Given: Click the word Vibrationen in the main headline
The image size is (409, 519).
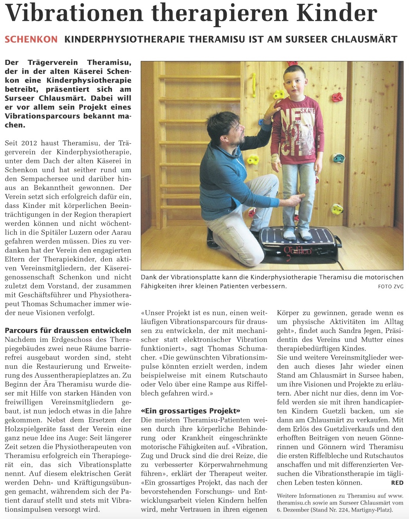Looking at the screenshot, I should (x=74, y=13).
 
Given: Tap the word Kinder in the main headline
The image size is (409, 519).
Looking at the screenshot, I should (x=337, y=13).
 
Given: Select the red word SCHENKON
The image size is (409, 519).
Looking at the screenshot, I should (x=31, y=39).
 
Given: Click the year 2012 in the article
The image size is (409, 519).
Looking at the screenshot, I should (x=29, y=143).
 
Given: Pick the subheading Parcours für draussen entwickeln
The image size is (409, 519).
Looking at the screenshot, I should (x=68, y=330).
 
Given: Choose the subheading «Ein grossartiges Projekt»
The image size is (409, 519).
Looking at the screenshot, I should (x=190, y=411).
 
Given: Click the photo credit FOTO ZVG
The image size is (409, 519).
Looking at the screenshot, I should (x=391, y=286).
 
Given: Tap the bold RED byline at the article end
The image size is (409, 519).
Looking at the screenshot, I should (x=397, y=483).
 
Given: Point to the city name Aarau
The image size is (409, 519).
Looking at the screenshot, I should (x=120, y=233).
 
